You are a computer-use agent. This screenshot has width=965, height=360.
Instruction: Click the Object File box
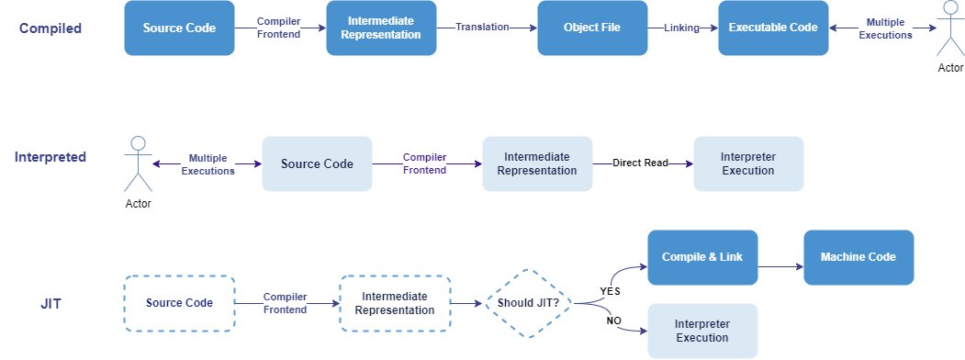(x=592, y=28)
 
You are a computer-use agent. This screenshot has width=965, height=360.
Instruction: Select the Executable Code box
(x=773, y=28)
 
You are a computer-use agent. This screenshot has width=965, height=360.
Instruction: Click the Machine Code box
(x=858, y=257)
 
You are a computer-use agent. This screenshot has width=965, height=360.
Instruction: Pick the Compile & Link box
(x=702, y=257)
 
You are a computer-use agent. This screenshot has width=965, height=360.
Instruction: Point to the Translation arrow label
(x=482, y=27)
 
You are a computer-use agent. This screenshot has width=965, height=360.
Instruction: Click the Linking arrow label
(x=681, y=27)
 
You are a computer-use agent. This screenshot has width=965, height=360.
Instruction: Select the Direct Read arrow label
(x=640, y=163)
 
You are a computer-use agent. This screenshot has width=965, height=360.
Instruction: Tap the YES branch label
(x=610, y=291)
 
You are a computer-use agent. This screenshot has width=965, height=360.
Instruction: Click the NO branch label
(x=613, y=321)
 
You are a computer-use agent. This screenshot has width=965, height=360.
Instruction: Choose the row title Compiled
(x=50, y=28)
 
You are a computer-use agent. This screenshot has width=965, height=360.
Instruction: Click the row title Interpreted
(x=50, y=157)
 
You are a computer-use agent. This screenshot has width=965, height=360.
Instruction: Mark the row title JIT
(x=50, y=303)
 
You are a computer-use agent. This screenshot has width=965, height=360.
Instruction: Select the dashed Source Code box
(x=179, y=303)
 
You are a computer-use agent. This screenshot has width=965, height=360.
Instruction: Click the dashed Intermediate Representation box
(x=395, y=303)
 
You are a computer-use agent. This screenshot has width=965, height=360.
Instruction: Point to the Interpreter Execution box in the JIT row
(x=702, y=332)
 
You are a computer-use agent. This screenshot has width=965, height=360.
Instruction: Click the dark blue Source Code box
(x=179, y=28)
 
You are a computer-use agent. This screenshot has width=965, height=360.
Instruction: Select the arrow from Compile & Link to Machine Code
(x=781, y=266)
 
